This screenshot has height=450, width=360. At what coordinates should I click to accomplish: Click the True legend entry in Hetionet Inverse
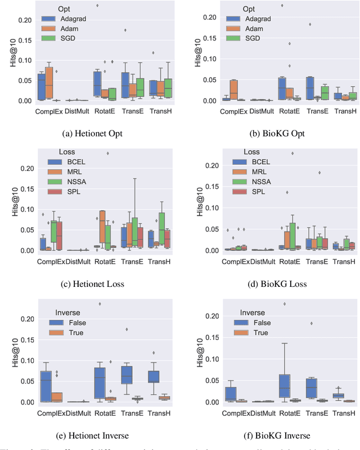tap(74, 333)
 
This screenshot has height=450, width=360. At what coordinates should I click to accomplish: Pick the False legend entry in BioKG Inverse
tap(262, 323)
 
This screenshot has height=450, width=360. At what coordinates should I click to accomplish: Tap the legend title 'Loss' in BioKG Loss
tap(251, 152)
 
